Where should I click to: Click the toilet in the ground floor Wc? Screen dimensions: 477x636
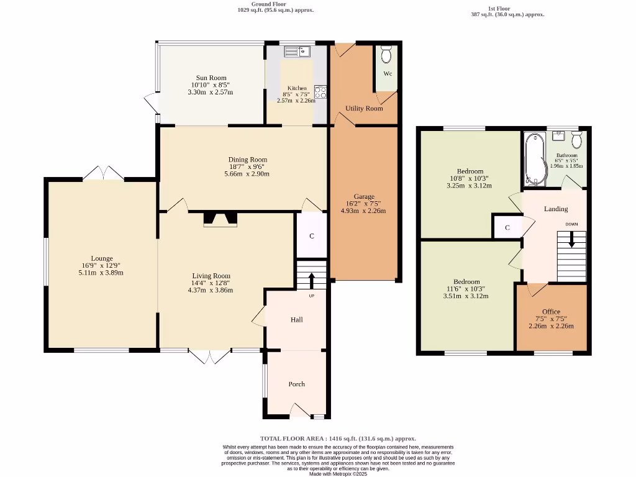click(386, 55)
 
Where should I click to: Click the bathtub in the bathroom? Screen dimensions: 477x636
click(534, 159)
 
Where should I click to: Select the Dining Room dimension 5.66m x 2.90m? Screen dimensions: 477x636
click(247, 174)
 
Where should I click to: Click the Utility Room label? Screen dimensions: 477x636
click(364, 108)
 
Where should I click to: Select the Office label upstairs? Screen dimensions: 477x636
click(551, 311)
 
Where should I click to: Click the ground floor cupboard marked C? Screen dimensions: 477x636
click(312, 236)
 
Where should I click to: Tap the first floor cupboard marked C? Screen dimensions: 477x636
click(507, 227)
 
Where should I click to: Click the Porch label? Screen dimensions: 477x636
click(297, 384)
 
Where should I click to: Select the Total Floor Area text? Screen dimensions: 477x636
click(338, 438)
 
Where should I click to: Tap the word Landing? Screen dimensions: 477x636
click(556, 209)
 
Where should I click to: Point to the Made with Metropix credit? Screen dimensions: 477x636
click(338, 474)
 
